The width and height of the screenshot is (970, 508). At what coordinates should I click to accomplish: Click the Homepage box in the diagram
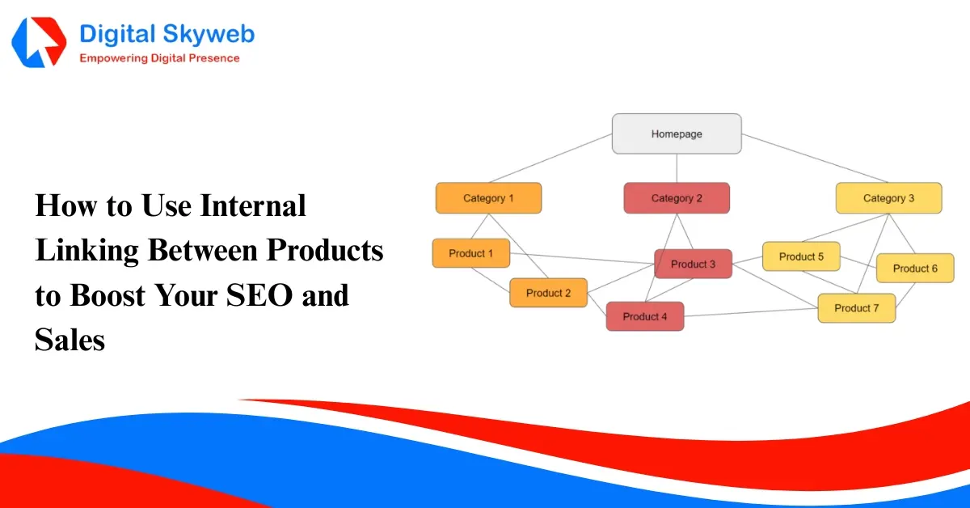677,133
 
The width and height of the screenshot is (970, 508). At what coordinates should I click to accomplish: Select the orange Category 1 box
488,198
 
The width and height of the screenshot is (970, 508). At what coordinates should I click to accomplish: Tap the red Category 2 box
677,198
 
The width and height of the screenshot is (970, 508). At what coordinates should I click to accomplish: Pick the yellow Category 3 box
888,198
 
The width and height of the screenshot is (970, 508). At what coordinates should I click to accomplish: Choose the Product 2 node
548,293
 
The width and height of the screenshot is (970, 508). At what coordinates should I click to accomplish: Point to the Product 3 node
693,264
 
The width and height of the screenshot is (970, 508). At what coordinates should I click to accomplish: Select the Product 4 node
645,316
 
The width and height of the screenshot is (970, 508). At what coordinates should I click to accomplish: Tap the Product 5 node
801,256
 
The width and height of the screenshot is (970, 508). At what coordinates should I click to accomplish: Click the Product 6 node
915,268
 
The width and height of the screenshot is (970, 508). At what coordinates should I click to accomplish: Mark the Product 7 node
856,308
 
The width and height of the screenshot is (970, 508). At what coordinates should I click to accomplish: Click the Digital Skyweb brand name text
167,35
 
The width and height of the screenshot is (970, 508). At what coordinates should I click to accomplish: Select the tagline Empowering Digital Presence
159,58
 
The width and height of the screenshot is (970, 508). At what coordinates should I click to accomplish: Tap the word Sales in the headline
70,340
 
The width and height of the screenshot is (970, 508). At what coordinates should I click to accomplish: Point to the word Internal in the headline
253,206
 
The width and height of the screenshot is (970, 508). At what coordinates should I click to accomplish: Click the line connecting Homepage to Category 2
677,168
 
